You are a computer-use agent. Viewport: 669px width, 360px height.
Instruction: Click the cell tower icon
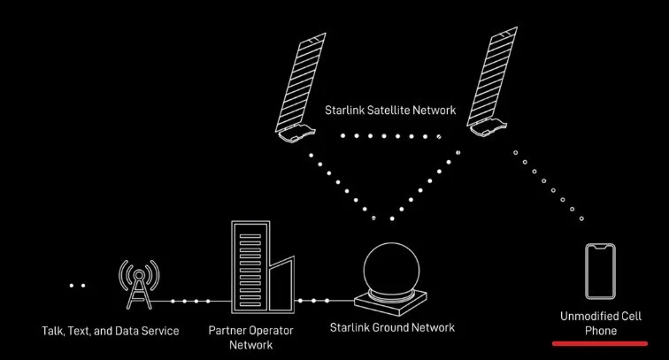(139, 283)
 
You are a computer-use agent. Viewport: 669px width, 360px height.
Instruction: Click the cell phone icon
(600, 272)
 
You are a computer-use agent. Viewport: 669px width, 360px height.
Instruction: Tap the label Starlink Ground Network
(391, 327)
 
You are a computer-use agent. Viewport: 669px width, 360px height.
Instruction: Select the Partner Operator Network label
(250, 338)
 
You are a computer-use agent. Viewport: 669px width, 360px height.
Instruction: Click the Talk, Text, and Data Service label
(111, 331)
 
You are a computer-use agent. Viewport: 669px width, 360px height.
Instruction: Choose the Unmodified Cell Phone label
(601, 323)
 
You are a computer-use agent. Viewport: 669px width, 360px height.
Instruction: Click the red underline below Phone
(601, 342)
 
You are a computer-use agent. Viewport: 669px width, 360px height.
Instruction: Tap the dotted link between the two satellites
(390, 137)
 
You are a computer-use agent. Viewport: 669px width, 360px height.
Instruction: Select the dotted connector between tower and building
(191, 303)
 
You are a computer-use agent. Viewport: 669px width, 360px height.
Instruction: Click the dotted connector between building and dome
(314, 301)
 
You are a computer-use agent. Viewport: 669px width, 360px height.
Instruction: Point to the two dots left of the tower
(78, 286)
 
